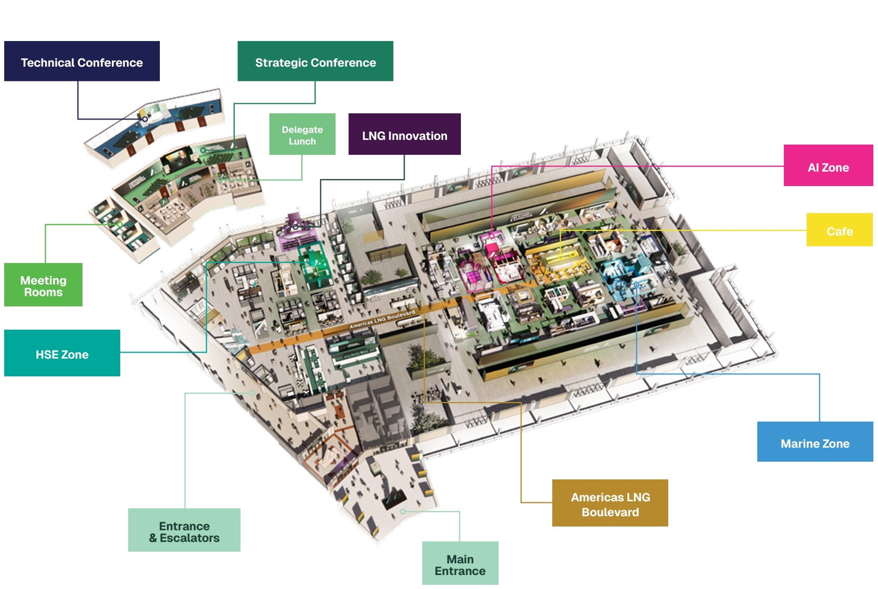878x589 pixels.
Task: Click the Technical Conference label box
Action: click(81, 61)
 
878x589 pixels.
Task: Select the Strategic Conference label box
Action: click(315, 61)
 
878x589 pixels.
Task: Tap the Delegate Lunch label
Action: click(302, 134)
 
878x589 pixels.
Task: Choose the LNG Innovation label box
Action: click(404, 134)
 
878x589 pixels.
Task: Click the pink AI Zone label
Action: click(828, 166)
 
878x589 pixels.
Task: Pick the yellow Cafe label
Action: click(839, 230)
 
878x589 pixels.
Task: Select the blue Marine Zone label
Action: click(815, 442)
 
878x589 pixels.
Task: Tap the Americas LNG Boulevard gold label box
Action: click(610, 503)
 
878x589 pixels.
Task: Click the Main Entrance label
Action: click(460, 563)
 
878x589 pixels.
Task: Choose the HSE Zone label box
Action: click(62, 353)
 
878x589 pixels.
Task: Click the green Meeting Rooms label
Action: click(43, 285)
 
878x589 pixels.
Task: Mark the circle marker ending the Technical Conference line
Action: click(145, 119)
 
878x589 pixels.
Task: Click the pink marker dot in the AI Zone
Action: click(491, 236)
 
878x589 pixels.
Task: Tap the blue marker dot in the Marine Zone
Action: click(637, 285)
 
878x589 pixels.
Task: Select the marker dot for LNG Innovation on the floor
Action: click(296, 227)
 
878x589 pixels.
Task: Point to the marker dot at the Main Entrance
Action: click(403, 512)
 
